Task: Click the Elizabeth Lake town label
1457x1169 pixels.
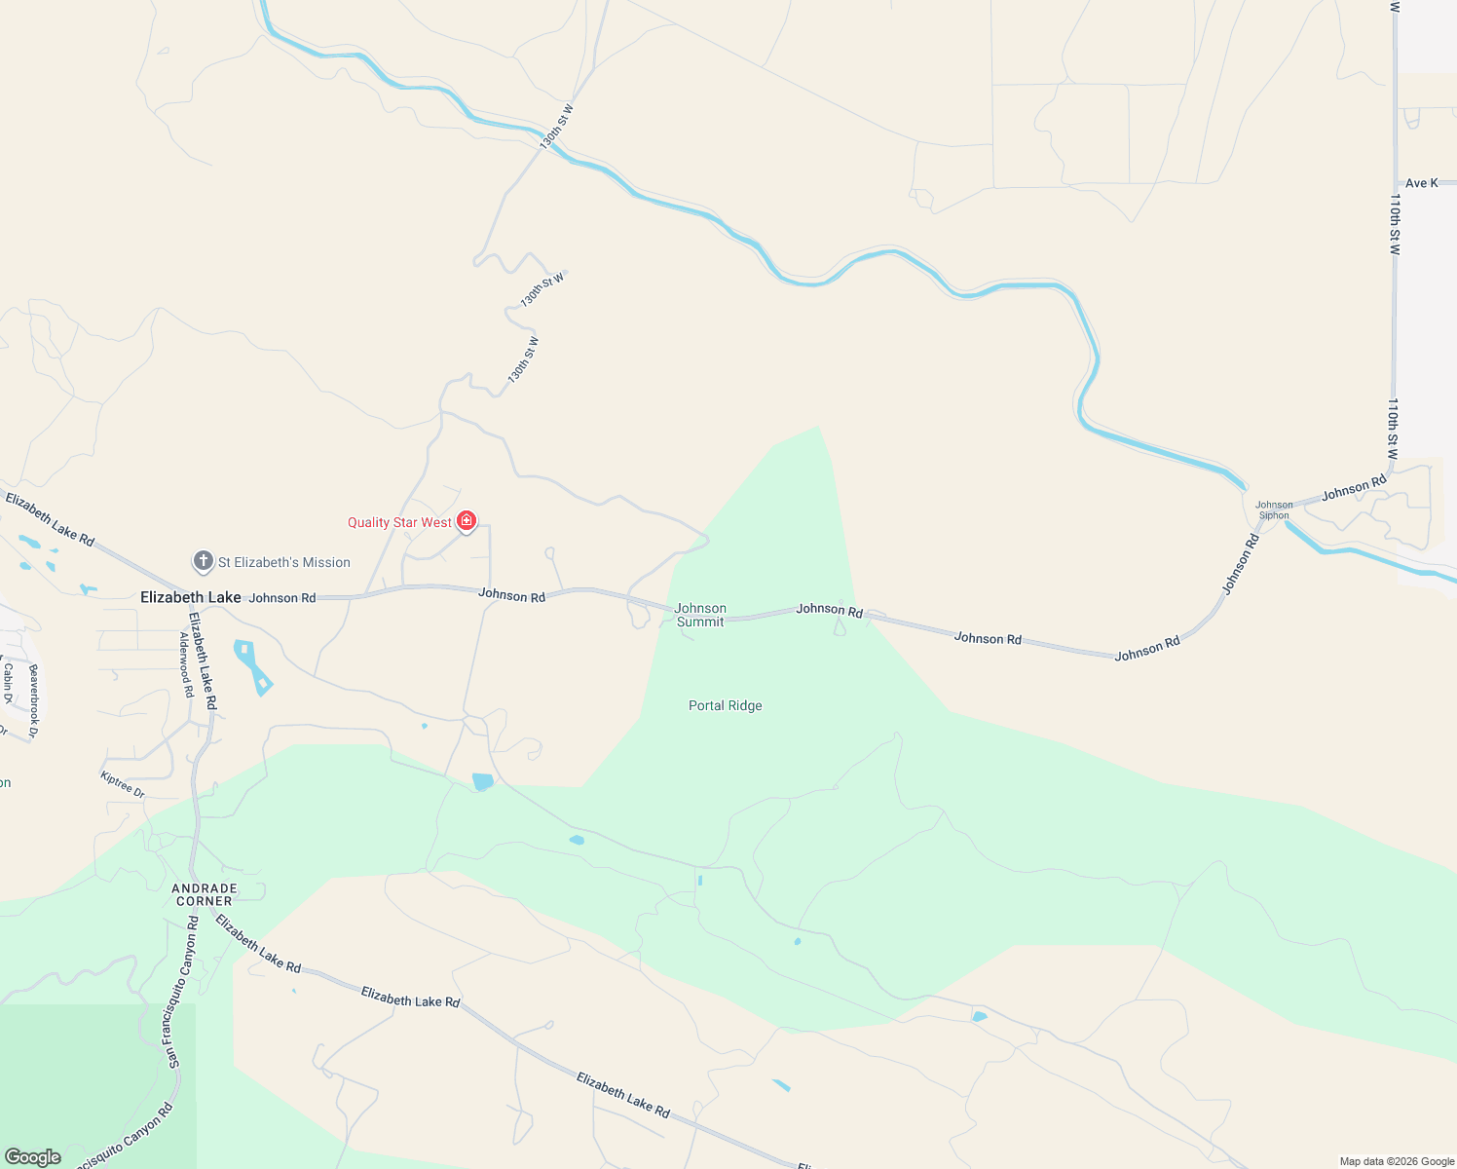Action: (x=190, y=597)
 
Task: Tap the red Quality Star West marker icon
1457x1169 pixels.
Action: (x=467, y=521)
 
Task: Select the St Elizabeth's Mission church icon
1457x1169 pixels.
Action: (x=203, y=561)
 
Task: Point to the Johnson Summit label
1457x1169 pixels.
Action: (x=700, y=615)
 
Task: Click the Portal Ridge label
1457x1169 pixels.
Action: (x=725, y=705)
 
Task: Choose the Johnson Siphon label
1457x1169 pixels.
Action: (x=1274, y=510)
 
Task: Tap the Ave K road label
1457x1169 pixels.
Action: (x=1421, y=183)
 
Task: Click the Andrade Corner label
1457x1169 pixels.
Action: (x=205, y=894)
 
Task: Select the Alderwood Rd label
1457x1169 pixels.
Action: (x=185, y=664)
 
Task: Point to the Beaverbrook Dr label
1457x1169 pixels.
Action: (x=34, y=700)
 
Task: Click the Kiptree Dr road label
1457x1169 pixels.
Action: (x=123, y=785)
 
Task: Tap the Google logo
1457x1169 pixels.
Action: (x=32, y=1157)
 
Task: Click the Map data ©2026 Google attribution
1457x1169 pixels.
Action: (x=1397, y=1161)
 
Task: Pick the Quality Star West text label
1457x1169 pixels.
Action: (x=399, y=523)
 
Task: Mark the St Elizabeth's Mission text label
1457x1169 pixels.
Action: (x=283, y=562)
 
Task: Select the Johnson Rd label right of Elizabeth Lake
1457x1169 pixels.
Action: (x=282, y=598)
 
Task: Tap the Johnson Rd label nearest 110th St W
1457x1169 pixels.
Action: (x=1354, y=487)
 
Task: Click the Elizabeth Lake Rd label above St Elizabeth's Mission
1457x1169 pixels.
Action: (x=50, y=518)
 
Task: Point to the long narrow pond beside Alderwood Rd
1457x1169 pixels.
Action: (x=252, y=667)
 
